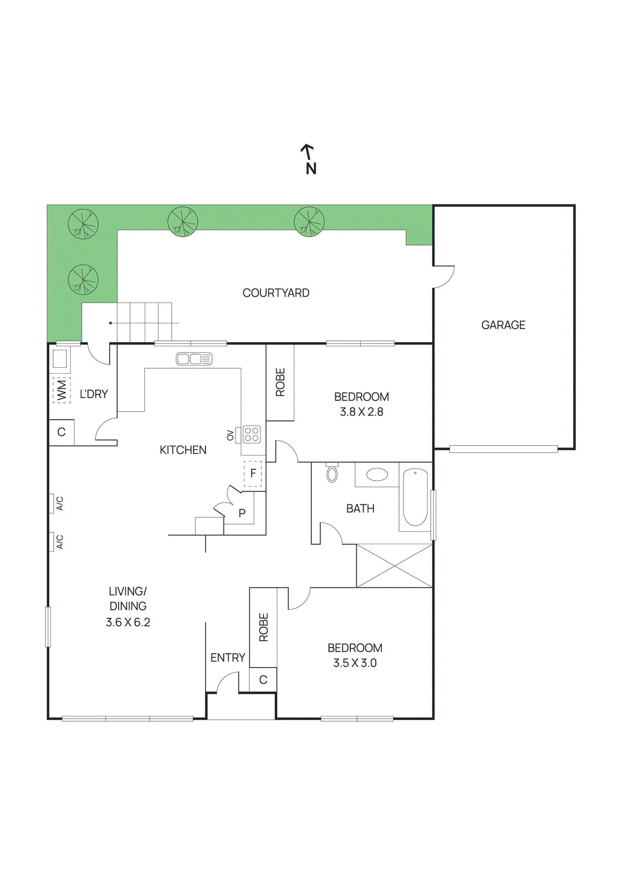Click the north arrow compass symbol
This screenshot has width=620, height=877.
(310, 159)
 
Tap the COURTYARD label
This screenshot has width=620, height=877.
(276, 293)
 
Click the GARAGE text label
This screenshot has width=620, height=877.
(503, 325)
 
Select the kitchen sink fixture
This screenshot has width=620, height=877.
(194, 359)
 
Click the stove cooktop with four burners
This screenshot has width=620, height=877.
(252, 434)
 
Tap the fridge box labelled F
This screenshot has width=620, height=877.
(253, 474)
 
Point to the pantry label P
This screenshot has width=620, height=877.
(242, 514)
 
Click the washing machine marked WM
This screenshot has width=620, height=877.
(61, 390)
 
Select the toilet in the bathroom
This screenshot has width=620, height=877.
(332, 473)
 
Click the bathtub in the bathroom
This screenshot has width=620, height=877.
(416, 497)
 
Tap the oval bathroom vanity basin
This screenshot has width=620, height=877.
(377, 474)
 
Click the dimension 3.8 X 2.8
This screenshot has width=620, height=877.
(361, 412)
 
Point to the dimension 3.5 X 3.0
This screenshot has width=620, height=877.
(355, 663)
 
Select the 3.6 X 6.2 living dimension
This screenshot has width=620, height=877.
(128, 623)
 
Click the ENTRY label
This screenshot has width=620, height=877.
(227, 658)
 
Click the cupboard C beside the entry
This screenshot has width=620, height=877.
(263, 680)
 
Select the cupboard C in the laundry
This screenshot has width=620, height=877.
(61, 432)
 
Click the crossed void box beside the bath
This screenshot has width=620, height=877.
(394, 566)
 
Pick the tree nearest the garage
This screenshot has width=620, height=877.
(309, 221)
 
